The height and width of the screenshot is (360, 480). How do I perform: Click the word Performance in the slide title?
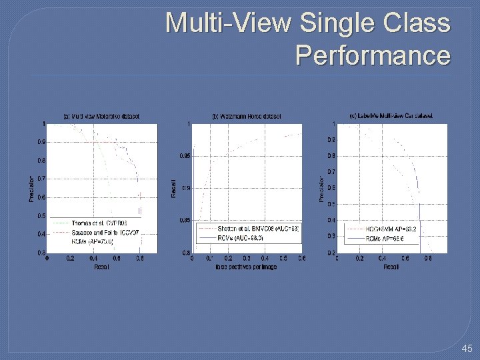373,55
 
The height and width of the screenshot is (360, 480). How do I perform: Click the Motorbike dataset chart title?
101,116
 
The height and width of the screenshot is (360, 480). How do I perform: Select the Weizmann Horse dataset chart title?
247,116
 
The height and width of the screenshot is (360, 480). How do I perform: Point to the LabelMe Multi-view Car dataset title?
391,115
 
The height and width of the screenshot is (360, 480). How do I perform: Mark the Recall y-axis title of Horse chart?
174,187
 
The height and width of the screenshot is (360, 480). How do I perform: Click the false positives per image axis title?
247,267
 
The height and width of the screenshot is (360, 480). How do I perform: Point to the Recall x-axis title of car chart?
391,267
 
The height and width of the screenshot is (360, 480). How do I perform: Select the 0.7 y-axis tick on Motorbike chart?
41,179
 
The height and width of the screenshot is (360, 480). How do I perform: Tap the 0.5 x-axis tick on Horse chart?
283,258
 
